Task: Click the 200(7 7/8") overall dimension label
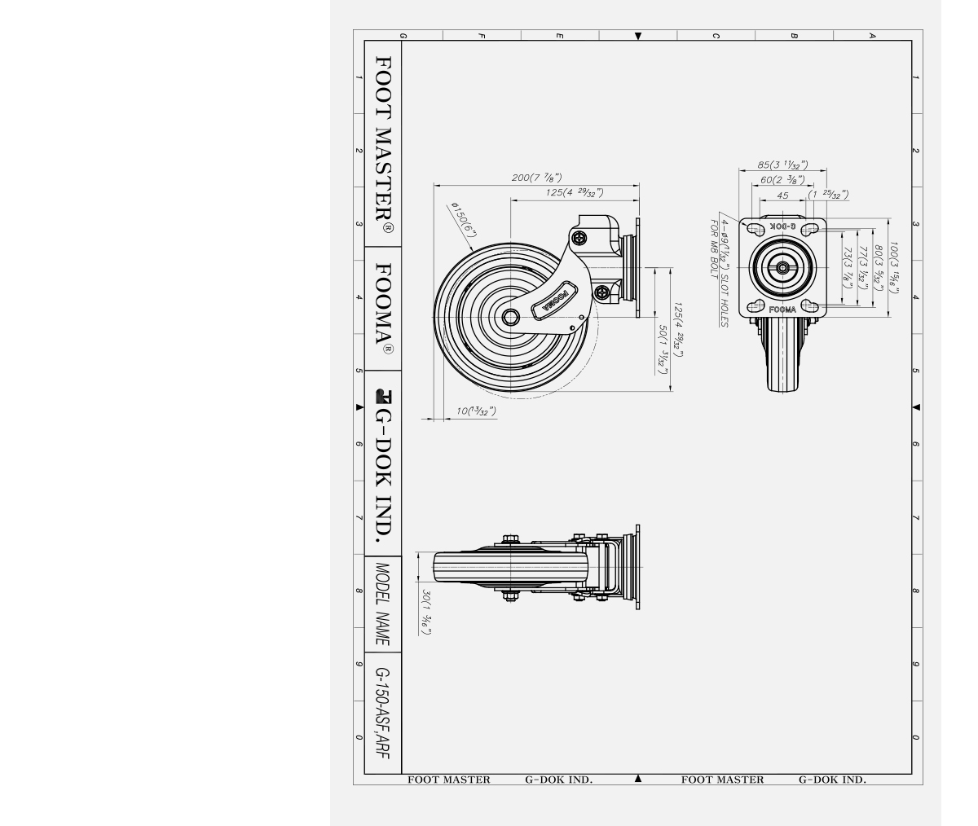coord(536,178)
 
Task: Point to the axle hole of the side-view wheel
coord(511,317)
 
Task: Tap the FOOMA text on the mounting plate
coord(782,310)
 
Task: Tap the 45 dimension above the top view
coord(782,196)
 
